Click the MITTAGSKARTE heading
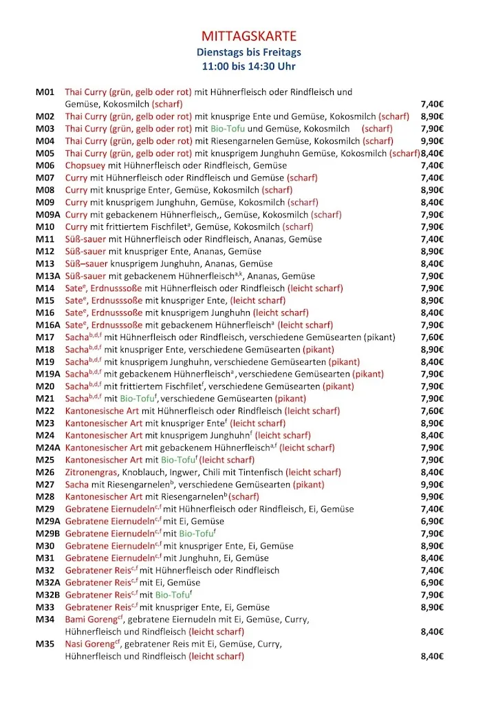pos(249,36)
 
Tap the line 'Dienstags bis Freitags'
pos(249,52)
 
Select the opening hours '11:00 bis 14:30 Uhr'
pos(249,67)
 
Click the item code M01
pos(45,92)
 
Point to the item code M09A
pos(49,215)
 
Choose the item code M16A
pos(49,325)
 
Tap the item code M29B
pos(49,534)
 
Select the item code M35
pos(45,644)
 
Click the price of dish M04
pos(432,141)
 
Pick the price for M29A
pos(432,521)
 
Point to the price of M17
pos(432,337)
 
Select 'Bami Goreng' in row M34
pos(90,620)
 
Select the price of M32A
pos(432,582)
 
